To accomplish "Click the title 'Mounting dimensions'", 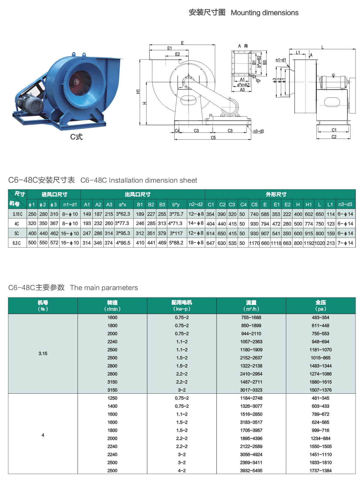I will click(x=264, y=13).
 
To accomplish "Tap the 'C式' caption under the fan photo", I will click(x=76, y=137).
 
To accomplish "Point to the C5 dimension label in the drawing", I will click(x=213, y=138).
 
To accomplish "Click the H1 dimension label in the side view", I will click(x=138, y=92).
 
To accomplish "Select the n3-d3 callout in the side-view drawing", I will click(x=258, y=131).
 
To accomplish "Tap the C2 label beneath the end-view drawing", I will click(x=334, y=137).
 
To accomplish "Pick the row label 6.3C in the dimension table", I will click(x=17, y=243).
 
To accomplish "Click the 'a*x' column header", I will click(x=122, y=204).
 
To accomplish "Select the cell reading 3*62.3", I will click(x=123, y=214).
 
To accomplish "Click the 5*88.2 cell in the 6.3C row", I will click(x=176, y=243).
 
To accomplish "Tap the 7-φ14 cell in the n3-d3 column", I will click(x=345, y=243).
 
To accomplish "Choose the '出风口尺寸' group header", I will click(x=137, y=194).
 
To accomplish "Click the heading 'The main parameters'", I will click(x=104, y=288).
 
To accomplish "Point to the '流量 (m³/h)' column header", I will click(x=251, y=306).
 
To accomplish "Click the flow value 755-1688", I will click(x=251, y=318).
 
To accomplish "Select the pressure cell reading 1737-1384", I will click(x=321, y=471).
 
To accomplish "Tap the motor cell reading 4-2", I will click(x=182, y=471).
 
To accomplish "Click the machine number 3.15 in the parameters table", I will click(x=43, y=353).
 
